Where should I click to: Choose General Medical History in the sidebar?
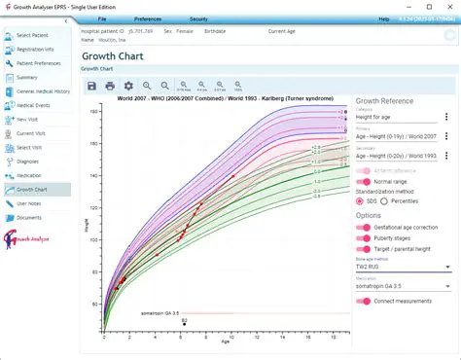(x=45, y=90)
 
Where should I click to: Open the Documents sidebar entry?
(x=29, y=218)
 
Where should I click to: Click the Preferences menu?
(x=148, y=18)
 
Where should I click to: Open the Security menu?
(x=198, y=18)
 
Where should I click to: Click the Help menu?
(x=383, y=18)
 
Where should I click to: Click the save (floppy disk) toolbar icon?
(x=92, y=87)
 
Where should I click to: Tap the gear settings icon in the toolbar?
(x=128, y=87)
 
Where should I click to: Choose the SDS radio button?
(x=361, y=201)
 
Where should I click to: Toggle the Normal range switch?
(x=365, y=182)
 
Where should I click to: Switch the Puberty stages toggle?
(x=365, y=238)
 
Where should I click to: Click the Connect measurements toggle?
(x=365, y=302)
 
